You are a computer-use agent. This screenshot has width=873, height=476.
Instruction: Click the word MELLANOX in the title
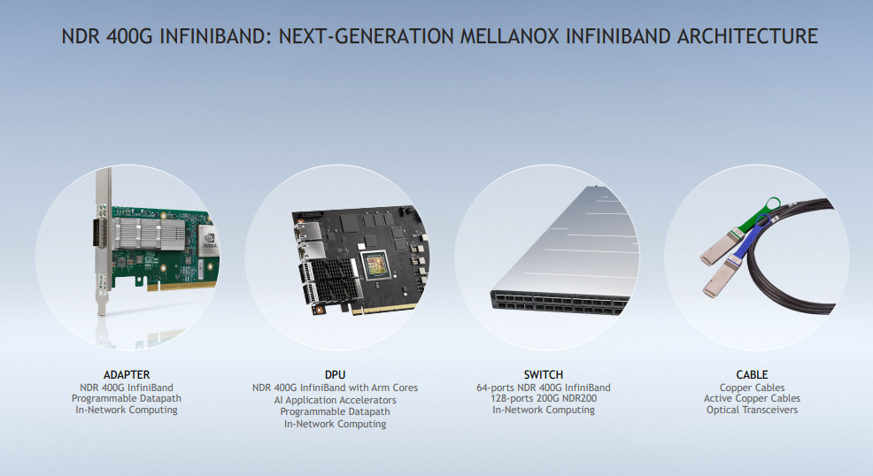coord(509,36)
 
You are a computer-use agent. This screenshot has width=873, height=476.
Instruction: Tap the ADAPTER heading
coord(127,375)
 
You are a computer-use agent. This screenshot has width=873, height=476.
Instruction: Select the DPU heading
coord(336,375)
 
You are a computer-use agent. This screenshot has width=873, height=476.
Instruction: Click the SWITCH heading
coord(544,375)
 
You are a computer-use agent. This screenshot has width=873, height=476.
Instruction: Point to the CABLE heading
coord(752,375)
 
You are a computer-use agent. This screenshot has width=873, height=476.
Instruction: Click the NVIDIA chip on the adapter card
coord(209,241)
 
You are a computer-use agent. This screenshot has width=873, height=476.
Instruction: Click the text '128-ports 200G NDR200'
coord(544,398)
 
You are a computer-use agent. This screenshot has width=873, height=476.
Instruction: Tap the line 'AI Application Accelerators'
coord(336,400)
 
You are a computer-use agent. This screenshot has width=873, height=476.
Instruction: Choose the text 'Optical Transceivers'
coord(752,410)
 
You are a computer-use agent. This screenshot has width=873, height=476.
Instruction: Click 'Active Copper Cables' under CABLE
coord(752,398)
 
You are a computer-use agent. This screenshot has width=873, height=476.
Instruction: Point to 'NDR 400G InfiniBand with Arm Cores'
coord(336,388)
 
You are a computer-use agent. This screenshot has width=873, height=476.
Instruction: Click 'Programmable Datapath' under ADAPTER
coord(127,398)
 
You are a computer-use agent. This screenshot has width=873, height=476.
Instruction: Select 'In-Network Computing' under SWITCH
coord(544,410)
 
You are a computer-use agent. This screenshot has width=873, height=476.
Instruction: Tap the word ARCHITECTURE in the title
coord(747,36)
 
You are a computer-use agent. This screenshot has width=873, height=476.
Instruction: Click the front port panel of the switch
coord(559,303)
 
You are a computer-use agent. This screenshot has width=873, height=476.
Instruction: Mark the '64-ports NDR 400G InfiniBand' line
coord(544,388)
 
